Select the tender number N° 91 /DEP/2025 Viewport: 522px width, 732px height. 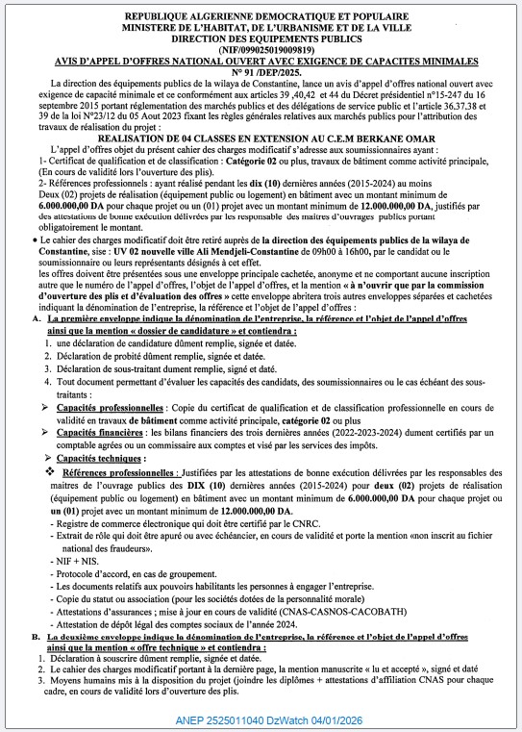(x=261, y=75)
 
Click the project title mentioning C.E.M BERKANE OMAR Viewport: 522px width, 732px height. (x=261, y=138)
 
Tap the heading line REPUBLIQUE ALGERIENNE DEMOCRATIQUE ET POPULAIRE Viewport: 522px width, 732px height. (x=261, y=17)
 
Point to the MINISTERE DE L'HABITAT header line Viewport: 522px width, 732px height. (x=261, y=30)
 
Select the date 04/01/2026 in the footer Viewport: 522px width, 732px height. (x=339, y=719)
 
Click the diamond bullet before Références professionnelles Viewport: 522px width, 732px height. (x=50, y=474)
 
